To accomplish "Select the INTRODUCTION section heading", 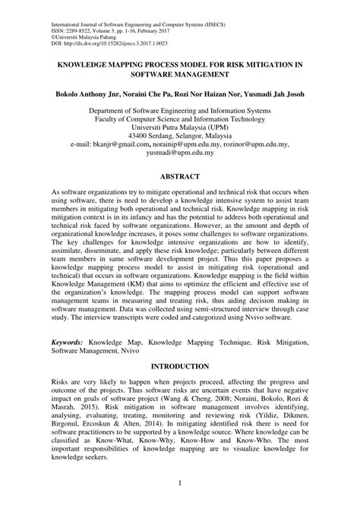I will point(179,367).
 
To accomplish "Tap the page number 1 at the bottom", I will point(180,484).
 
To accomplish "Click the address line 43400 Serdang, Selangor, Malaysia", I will point(179,131).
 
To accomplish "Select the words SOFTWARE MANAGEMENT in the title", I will point(179,76).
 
